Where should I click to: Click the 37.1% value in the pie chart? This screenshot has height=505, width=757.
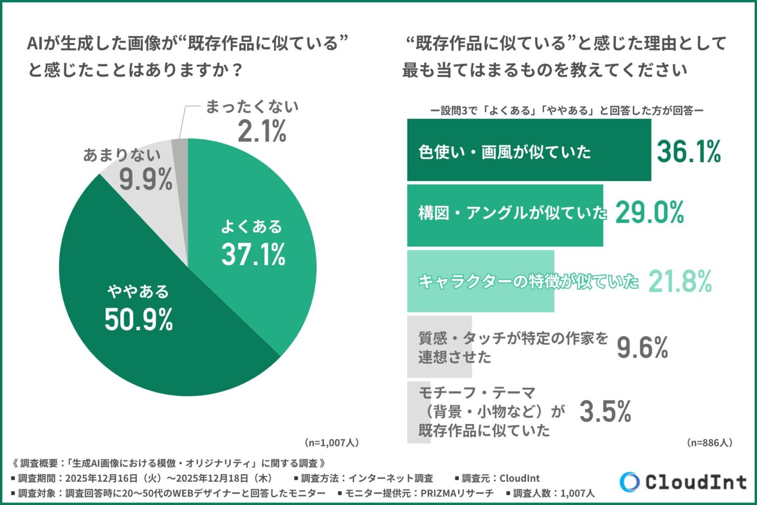pos(253,254)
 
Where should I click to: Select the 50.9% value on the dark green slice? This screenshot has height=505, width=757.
pos(139,319)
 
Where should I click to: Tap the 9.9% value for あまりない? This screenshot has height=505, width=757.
pos(146,179)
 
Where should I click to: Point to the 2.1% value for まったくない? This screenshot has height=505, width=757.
pos(262,131)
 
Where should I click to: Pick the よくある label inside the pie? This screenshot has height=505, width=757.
pos(251,227)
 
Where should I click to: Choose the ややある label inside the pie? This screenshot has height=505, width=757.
pos(138,292)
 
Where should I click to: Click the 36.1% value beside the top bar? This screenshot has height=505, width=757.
pos(689,151)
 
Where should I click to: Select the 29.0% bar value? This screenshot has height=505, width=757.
pos(650,212)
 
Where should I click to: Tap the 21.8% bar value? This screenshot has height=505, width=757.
pos(680,281)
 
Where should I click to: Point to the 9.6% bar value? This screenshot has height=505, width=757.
pos(642,347)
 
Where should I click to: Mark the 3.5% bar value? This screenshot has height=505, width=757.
pos(605,412)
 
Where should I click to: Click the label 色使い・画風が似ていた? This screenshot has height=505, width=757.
pos(504,151)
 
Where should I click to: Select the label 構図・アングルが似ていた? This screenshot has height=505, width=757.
pos(512,213)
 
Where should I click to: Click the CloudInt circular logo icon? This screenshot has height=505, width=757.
pos(629,482)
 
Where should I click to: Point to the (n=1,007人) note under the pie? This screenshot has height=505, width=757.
pos(332,443)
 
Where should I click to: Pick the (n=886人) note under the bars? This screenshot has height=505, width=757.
pos(709,443)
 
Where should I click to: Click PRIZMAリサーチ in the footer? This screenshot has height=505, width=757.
pos(457,493)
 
